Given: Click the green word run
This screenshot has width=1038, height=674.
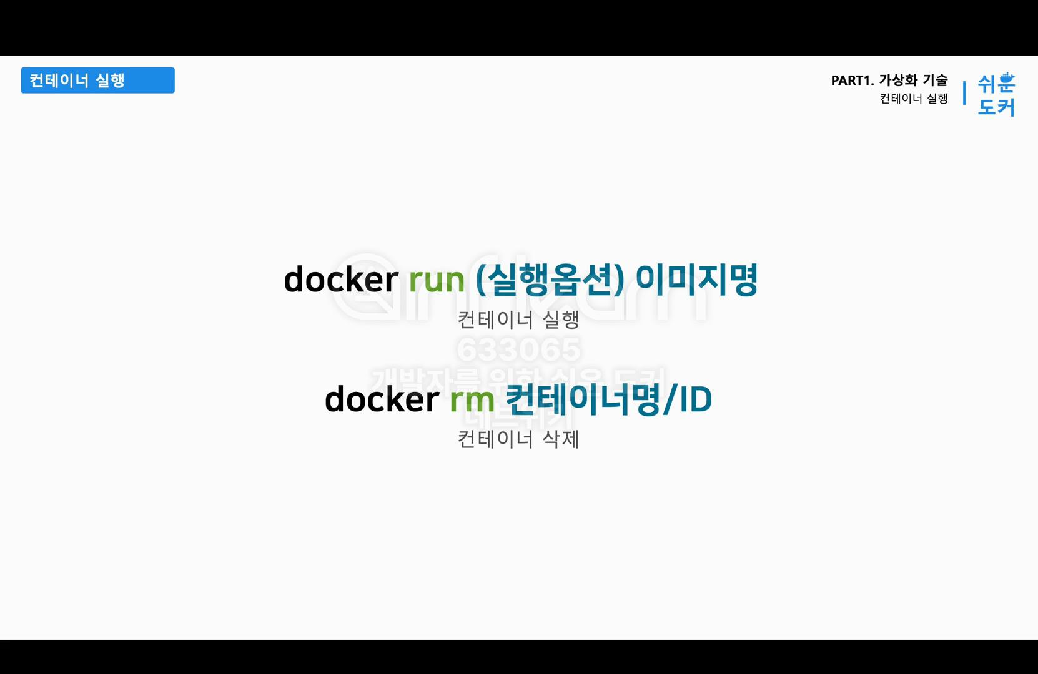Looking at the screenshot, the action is click(437, 280).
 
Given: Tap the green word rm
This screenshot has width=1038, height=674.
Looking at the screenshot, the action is click(472, 399).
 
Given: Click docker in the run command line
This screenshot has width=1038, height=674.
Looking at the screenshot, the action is click(341, 279).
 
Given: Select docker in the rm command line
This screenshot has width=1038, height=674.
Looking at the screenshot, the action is click(382, 399).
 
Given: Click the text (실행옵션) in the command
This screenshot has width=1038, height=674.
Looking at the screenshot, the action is click(550, 279).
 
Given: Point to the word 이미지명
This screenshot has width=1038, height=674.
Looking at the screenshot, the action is click(696, 279).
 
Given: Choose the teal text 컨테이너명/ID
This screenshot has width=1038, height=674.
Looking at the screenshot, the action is click(608, 399).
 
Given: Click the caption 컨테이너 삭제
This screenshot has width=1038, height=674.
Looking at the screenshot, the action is click(518, 439).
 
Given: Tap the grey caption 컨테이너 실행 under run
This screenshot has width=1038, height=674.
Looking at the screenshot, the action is click(518, 320).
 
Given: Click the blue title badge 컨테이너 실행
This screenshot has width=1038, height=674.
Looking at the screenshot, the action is click(97, 81).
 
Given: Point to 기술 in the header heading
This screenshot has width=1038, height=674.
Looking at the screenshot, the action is click(935, 80).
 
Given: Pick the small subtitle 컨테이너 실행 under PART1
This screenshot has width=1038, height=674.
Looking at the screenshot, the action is click(914, 99).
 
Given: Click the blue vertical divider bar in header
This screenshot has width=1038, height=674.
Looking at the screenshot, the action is click(964, 92).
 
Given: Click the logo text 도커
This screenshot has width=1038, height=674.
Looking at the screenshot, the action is click(996, 107).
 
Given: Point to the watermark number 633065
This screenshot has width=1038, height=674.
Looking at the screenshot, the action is click(518, 349).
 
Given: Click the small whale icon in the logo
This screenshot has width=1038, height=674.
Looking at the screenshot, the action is click(1006, 77).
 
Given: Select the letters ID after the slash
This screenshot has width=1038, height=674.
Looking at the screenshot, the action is click(696, 400).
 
